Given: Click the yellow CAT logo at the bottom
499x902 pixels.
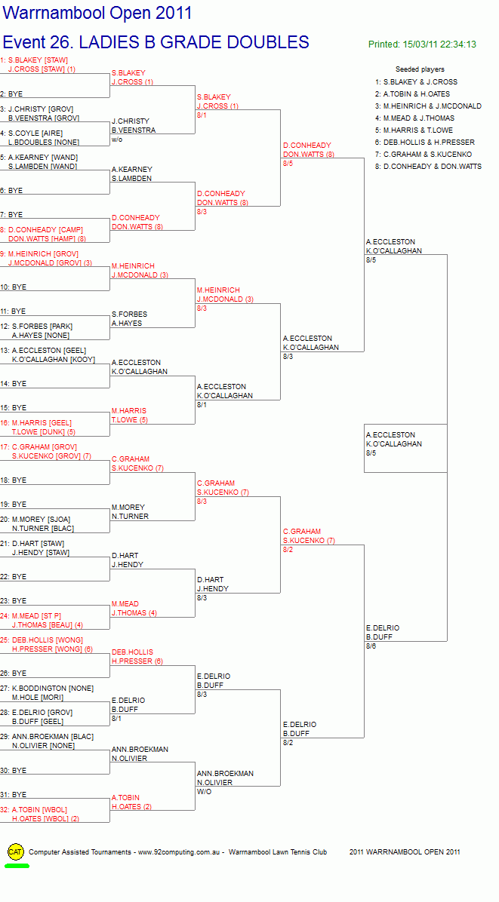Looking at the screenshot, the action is click(16, 852).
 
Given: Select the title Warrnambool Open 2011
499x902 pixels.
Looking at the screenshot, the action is click(97, 13).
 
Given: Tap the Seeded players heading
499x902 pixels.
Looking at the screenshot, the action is click(420, 69).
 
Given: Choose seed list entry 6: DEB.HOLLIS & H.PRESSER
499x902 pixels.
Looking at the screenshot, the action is click(425, 142).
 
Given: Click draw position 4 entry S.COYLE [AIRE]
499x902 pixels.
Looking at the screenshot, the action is click(32, 133).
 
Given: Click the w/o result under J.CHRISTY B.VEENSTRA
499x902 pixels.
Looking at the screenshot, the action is click(116, 140).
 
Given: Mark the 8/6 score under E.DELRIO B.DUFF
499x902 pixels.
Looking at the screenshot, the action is click(371, 646).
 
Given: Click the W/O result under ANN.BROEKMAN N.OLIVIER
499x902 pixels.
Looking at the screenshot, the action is click(203, 792).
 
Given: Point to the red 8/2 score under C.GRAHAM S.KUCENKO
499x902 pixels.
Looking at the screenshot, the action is click(288, 550).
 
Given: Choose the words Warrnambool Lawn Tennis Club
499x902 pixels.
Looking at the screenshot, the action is click(277, 852).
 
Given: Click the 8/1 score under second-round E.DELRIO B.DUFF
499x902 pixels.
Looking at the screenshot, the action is click(116, 719).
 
